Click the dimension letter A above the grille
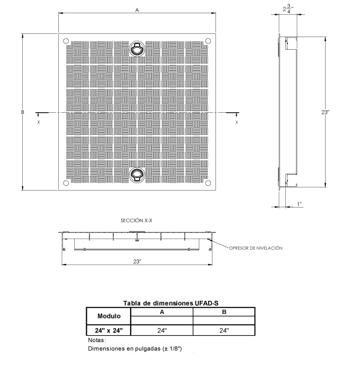coord(137,10)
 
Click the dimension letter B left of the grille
coord(22,112)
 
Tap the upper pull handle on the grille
coord(137,48)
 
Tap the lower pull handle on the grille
coord(137,175)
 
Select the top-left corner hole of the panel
coord(66,41)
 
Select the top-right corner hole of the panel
coord(208,41)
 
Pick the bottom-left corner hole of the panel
coord(66,183)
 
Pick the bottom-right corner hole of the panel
coord(208,183)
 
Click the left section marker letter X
coord(39,122)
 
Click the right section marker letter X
coord(237,122)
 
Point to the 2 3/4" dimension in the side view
coord(288,8)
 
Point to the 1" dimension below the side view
coord(300,204)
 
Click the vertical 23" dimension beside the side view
coord(325,112)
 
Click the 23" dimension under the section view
coord(137,262)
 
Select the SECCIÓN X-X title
coord(136,220)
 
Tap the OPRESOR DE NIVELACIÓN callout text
coord(256,248)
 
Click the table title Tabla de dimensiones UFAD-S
coord(171,303)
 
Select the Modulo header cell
coord(109,316)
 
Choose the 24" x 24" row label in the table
coord(109,330)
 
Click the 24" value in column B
coord(224,330)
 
